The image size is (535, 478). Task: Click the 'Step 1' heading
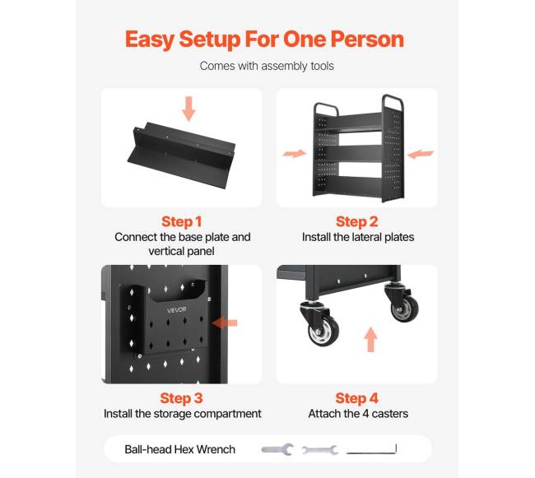(182, 221)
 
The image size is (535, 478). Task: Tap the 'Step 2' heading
(357, 221)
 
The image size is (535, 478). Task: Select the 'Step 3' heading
(181, 398)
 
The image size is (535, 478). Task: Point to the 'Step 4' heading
(357, 398)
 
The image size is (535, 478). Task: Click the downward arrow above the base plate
(188, 109)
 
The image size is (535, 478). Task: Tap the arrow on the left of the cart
(295, 153)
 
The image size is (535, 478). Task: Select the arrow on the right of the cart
(421, 154)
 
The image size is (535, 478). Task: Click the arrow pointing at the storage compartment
(224, 323)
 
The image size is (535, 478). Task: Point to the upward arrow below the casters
(370, 340)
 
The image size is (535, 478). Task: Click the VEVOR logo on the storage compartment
(176, 310)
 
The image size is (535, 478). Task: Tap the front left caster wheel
(323, 331)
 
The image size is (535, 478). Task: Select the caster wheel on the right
(405, 309)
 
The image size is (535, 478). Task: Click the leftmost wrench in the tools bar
(277, 449)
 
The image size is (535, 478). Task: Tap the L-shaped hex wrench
(371, 452)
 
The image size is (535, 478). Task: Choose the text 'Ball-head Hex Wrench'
(179, 449)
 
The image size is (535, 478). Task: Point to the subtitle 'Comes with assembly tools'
(267, 66)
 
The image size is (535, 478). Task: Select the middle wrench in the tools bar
(320, 450)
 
